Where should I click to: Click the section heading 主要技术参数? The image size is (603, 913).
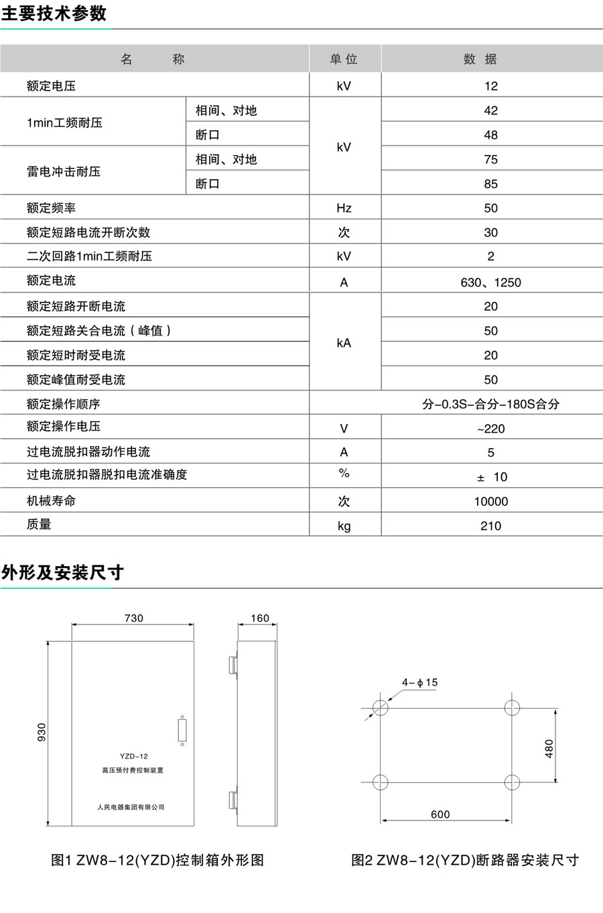[54, 13]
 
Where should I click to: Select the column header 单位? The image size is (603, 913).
[344, 59]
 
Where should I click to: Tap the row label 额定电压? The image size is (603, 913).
[52, 86]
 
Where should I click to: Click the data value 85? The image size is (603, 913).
[490, 184]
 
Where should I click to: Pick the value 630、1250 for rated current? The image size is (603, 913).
[490, 282]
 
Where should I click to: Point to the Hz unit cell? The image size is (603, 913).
[344, 208]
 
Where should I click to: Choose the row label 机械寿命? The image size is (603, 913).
[52, 501]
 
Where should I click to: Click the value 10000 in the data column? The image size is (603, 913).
[490, 502]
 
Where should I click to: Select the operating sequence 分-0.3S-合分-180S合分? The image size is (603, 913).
[490, 404]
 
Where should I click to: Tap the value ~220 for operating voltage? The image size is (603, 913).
[490, 429]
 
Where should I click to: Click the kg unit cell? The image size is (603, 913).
[344, 526]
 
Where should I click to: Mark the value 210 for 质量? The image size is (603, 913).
[490, 526]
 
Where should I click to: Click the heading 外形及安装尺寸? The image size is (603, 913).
[62, 572]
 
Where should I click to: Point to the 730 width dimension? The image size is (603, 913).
[133, 618]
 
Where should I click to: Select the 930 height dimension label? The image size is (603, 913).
[42, 732]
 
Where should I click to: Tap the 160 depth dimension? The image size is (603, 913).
[259, 618]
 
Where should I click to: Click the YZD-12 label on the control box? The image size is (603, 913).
[134, 756]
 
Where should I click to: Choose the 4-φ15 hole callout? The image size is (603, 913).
[419, 682]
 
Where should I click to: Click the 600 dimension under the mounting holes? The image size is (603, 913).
[440, 814]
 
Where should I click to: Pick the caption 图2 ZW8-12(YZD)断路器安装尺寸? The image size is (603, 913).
[464, 860]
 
